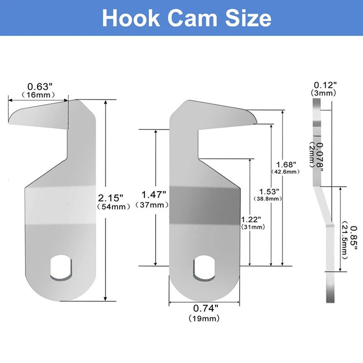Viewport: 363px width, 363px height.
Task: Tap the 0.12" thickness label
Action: pyautogui.click(x=325, y=85)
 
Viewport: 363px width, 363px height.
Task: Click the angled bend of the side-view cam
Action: pyautogui.click(x=323, y=204)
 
